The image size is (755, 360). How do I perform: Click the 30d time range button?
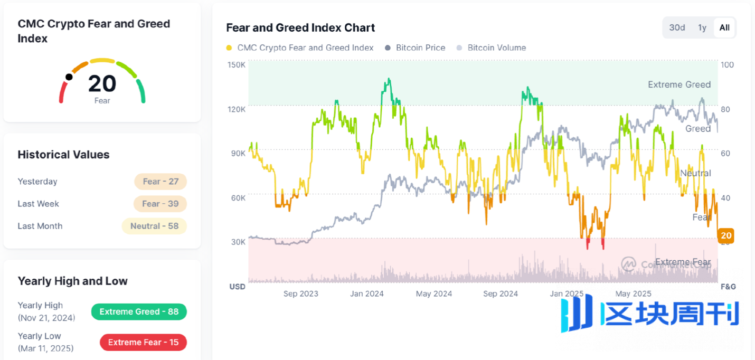(677, 27)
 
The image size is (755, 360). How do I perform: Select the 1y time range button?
(702, 27)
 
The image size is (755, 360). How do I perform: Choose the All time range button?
(724, 27)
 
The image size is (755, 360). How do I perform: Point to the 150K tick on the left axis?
(237, 65)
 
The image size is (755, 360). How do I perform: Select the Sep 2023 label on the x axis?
(300, 293)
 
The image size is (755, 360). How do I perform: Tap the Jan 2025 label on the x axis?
(567, 293)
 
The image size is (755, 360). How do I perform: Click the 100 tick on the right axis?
(727, 65)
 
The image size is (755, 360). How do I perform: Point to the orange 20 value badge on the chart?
(726, 235)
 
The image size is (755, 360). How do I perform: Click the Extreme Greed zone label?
(679, 84)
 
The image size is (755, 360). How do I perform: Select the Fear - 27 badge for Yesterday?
(161, 182)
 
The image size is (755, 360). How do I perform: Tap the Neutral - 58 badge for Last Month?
(154, 226)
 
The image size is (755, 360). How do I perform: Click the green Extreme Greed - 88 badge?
(139, 311)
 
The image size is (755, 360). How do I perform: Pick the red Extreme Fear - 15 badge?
(143, 342)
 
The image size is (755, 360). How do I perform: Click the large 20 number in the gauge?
(102, 83)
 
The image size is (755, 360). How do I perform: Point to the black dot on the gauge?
(69, 77)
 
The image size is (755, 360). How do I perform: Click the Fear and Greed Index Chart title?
(300, 27)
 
